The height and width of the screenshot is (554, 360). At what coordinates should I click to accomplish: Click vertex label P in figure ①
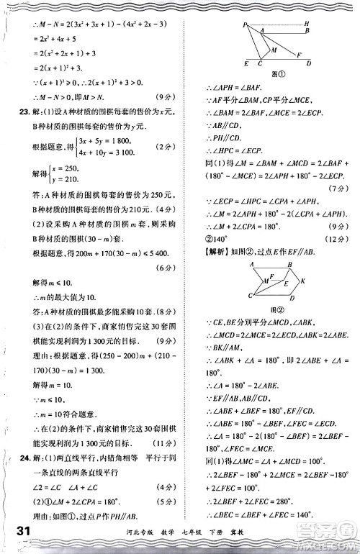click(x=245, y=25)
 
